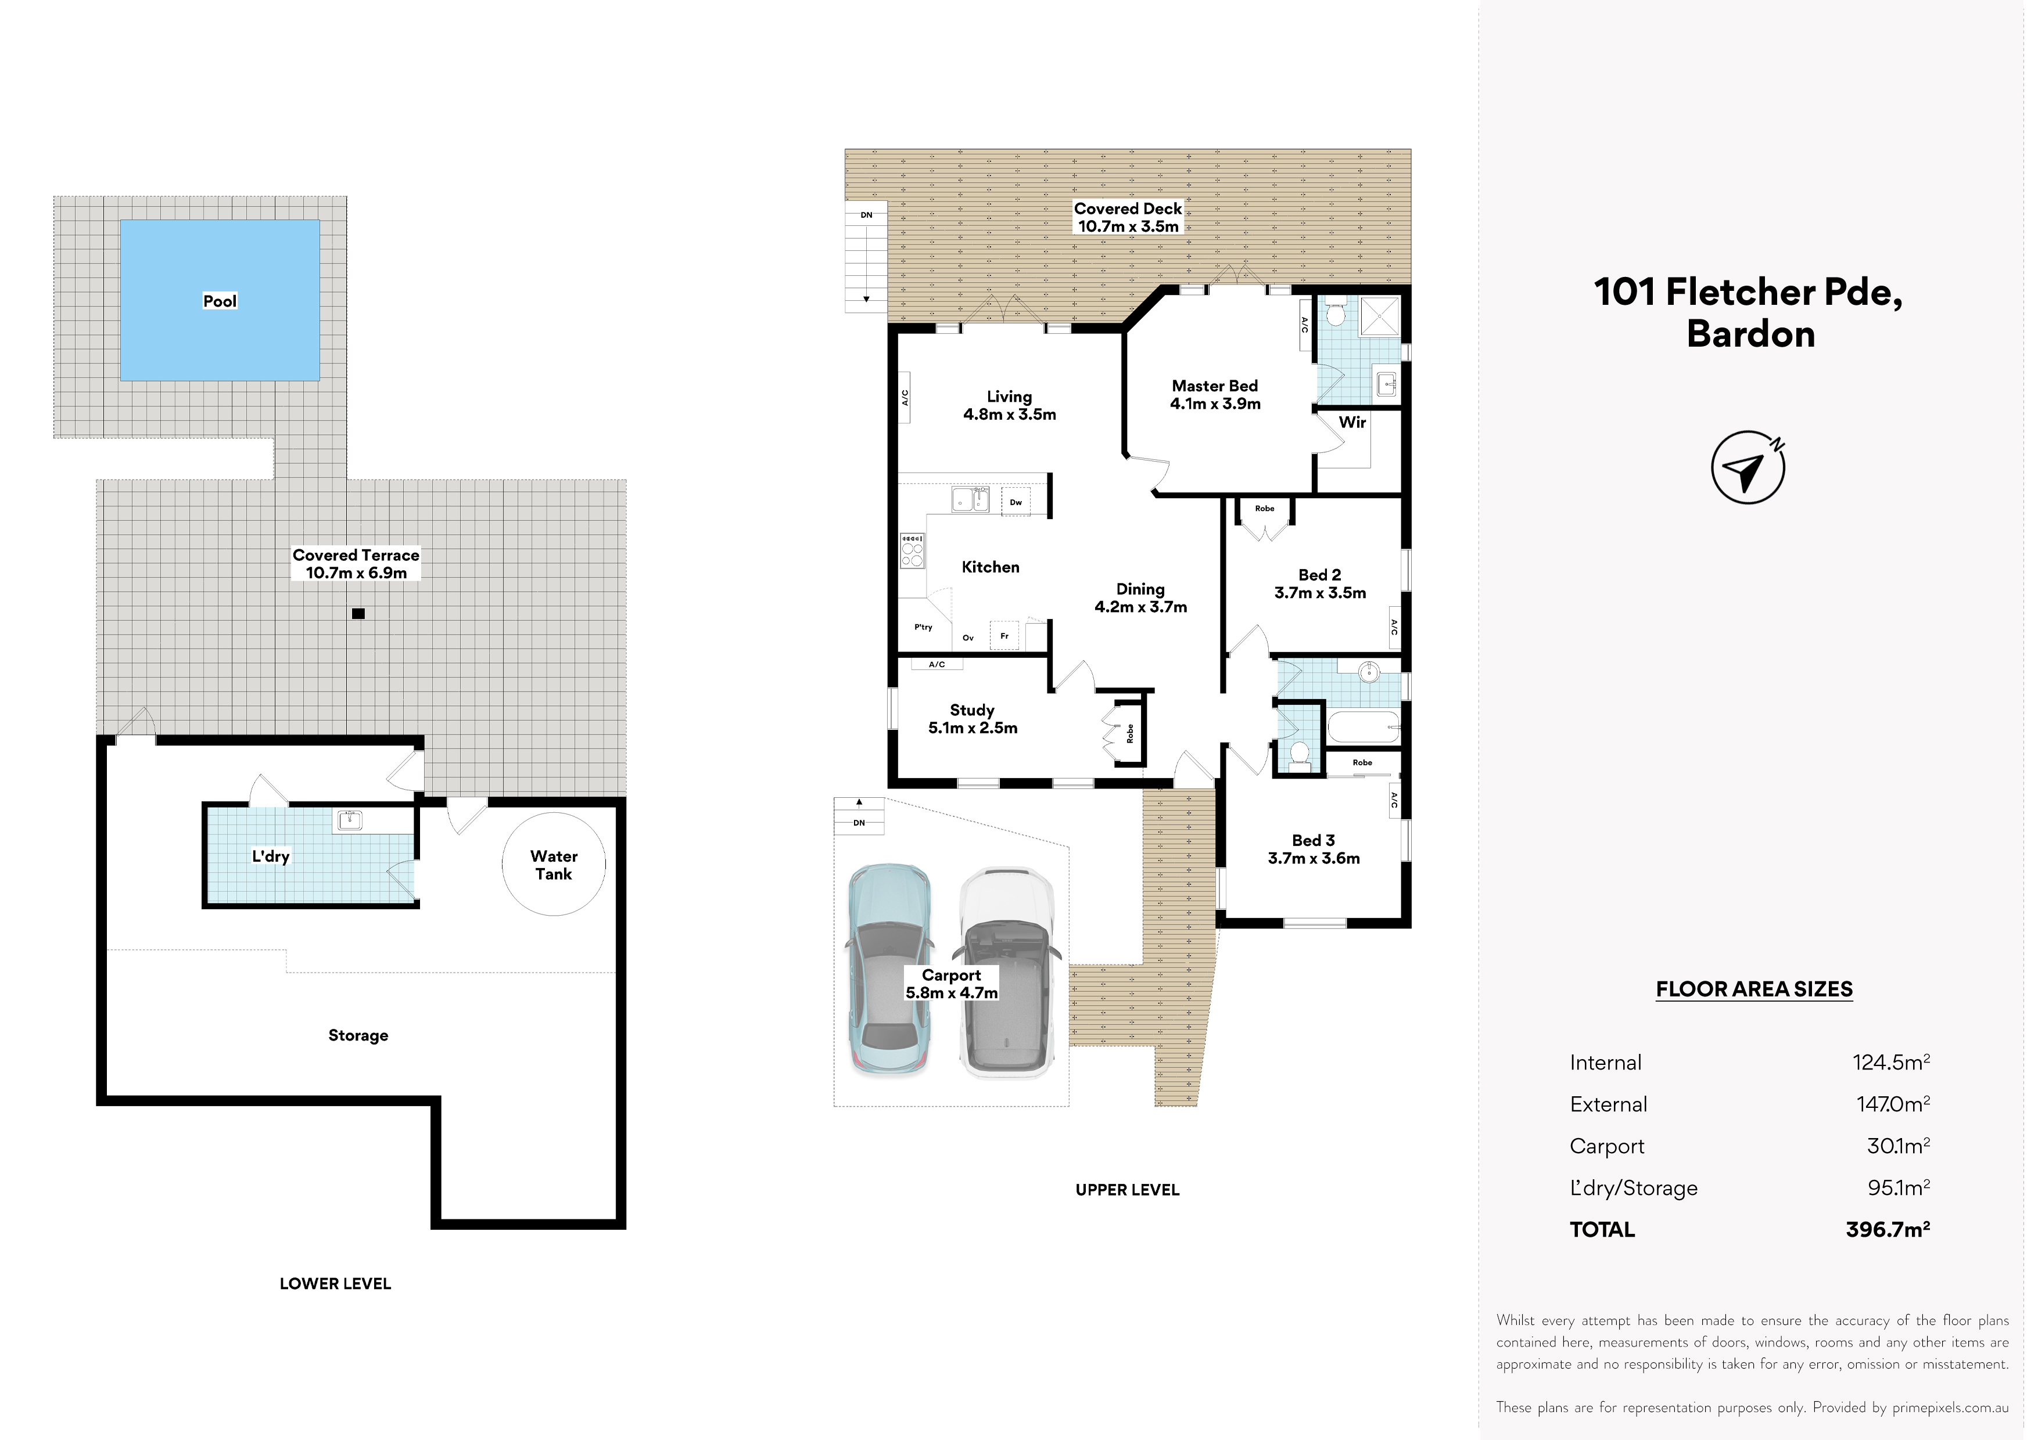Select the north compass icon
coord(1748,467)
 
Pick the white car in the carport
coord(1007,971)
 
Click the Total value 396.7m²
coord(1888,1229)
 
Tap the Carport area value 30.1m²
coord(1899,1146)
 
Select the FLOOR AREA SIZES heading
coord(1754,989)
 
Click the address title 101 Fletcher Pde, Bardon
coord(1749,312)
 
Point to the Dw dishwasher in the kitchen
coord(1016,502)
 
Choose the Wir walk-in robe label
coord(1352,422)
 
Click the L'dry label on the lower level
coord(271,856)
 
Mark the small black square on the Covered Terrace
coord(358,613)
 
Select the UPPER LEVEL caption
coord(1127,1190)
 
